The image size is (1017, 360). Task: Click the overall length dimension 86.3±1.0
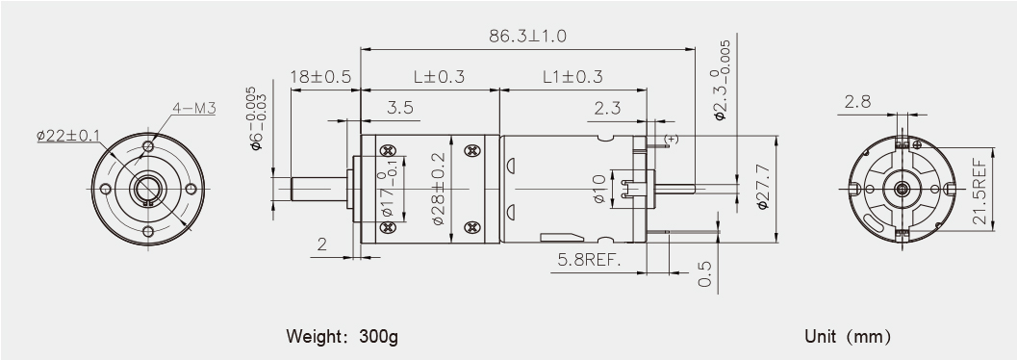(x=527, y=36)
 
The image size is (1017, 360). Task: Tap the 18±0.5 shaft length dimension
(x=320, y=77)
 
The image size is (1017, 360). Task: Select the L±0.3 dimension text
(x=439, y=77)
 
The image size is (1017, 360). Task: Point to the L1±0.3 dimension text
(x=572, y=77)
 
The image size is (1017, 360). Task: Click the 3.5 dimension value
(x=399, y=108)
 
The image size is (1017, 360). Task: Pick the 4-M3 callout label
(x=194, y=108)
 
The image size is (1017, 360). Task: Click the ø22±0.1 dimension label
(x=68, y=136)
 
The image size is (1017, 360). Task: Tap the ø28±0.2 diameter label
(x=439, y=189)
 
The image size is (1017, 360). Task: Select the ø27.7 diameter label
(x=763, y=187)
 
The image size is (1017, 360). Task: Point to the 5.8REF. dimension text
(x=590, y=261)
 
